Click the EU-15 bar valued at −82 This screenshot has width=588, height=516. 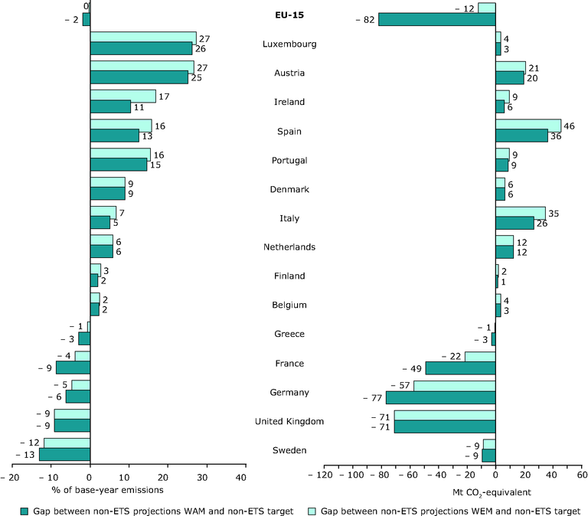point(436,19)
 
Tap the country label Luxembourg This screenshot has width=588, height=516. point(290,44)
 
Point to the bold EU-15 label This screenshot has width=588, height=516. point(290,15)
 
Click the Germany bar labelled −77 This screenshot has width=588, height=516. point(440,397)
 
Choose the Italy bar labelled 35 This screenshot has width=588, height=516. point(521,212)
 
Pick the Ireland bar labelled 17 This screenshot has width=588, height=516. point(122,96)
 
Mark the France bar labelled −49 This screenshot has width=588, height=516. point(460,368)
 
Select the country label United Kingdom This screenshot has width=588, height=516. point(290,421)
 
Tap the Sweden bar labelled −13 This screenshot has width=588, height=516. point(64,455)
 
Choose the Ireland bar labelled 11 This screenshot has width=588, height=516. point(110,106)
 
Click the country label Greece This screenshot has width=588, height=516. point(290,334)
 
